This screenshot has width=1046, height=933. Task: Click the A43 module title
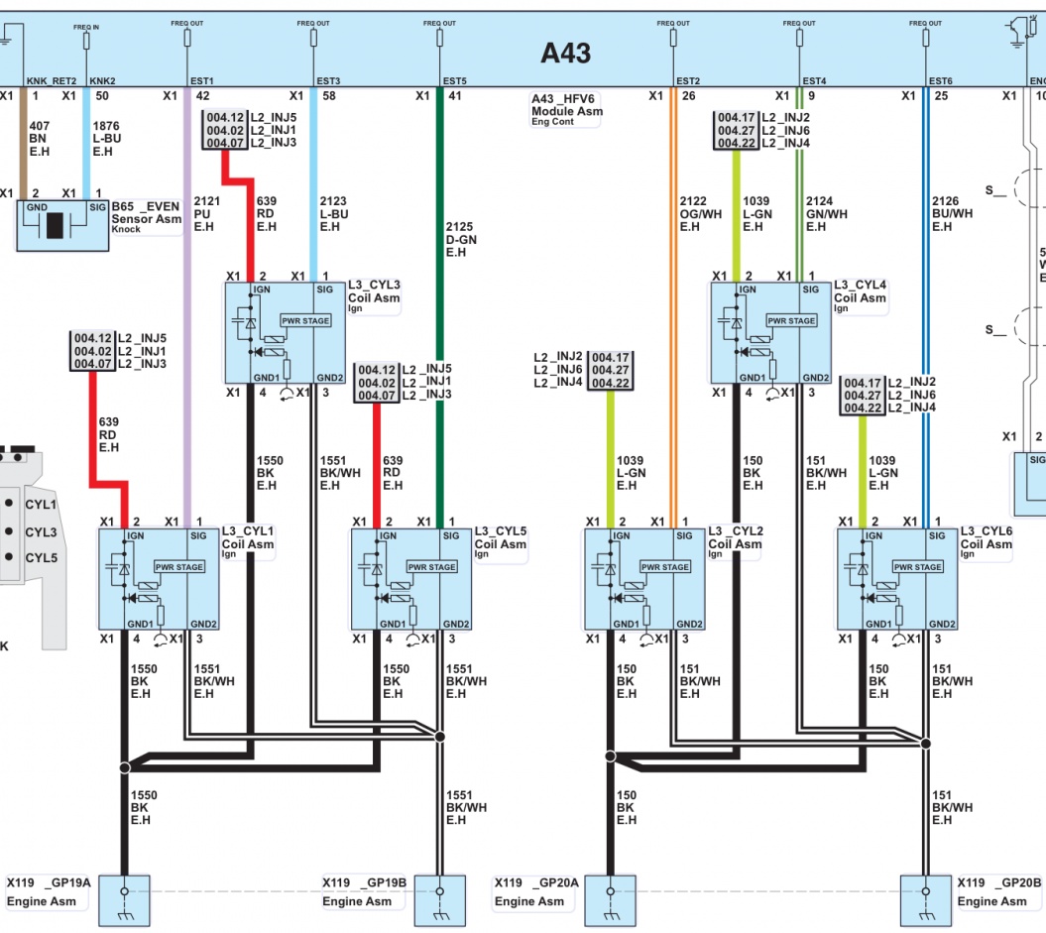[565, 53]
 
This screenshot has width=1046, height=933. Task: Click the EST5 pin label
[454, 80]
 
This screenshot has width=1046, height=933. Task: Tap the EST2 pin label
[688, 80]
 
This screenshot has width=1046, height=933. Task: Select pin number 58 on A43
[328, 96]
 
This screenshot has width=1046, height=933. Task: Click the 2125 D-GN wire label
[461, 239]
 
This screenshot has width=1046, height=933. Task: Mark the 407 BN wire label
[40, 139]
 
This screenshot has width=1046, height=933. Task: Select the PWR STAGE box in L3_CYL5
[431, 567]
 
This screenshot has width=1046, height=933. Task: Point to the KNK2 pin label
[103, 80]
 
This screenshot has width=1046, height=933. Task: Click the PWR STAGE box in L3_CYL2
[664, 567]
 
